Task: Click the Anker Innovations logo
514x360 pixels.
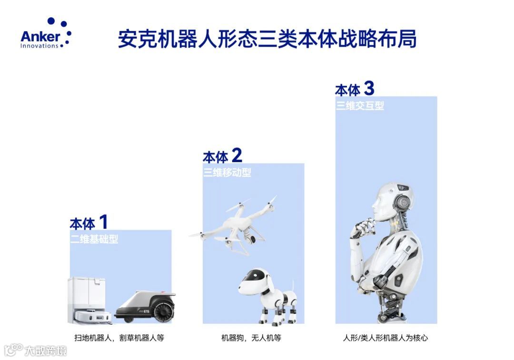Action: coord(46,33)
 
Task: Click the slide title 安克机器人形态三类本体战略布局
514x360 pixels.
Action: coord(267,39)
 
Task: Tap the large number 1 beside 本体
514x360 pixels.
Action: coord(103,222)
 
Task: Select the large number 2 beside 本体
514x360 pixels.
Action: coord(237,155)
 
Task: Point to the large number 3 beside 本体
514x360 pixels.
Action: coord(369,88)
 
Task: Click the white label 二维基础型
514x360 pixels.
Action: coord(94,239)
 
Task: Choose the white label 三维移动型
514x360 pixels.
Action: coord(227,172)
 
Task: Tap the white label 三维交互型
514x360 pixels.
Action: coord(360,106)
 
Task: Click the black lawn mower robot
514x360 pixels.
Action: coord(145,306)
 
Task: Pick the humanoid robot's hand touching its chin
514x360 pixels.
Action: coord(362,227)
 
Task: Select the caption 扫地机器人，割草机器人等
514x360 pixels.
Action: coord(119,338)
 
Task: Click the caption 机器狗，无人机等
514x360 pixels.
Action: coord(251,338)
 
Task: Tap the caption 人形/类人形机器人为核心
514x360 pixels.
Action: coord(385,338)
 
